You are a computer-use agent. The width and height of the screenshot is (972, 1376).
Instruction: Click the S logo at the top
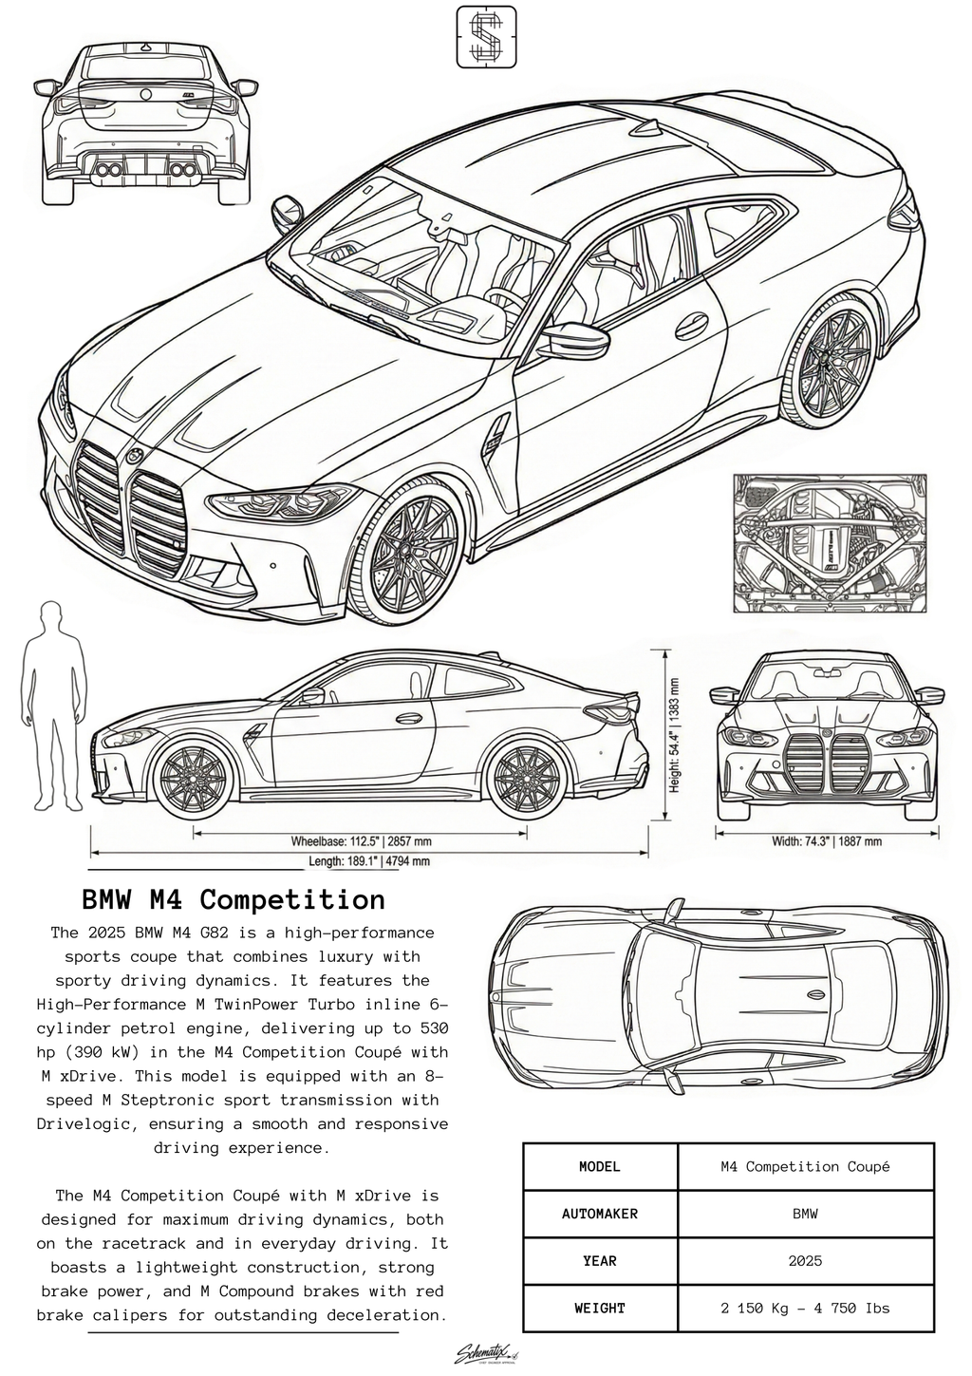pos(488,37)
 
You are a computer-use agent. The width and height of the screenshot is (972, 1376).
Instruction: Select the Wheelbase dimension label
pos(361,841)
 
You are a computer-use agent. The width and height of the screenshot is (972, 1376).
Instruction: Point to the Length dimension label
pos(369,861)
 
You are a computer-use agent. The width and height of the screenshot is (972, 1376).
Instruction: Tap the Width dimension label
pos(827,841)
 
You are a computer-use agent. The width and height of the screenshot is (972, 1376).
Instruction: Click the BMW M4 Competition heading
pos(234,899)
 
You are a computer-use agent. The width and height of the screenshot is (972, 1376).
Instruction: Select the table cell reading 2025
pos(805,1261)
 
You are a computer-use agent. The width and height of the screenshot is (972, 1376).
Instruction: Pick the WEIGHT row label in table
pos(600,1309)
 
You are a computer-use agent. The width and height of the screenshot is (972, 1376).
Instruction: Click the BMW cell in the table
pos(805,1214)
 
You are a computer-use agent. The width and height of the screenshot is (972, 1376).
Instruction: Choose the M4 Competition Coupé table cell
pos(805,1166)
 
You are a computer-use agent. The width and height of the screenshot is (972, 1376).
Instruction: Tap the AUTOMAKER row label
pos(600,1214)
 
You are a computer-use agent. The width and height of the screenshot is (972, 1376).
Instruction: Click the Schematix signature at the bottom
pos(485,1353)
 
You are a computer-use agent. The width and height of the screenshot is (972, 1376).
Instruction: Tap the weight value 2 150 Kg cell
pos(805,1309)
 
